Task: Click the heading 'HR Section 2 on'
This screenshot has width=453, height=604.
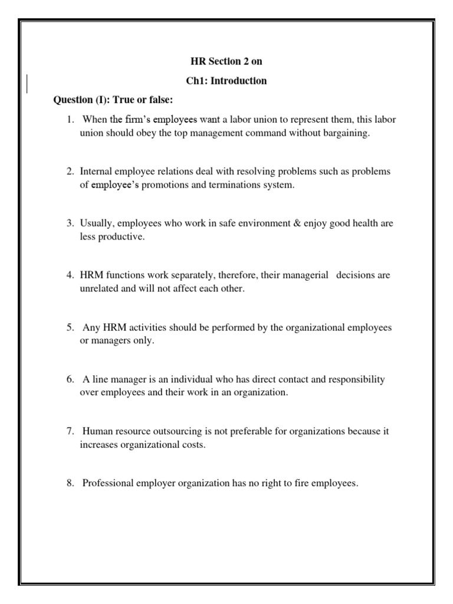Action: pos(226,61)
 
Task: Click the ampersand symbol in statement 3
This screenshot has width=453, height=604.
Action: pos(277,223)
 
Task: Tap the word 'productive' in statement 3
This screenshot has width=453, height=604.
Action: pos(123,237)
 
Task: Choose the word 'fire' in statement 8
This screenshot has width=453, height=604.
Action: pos(307,483)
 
